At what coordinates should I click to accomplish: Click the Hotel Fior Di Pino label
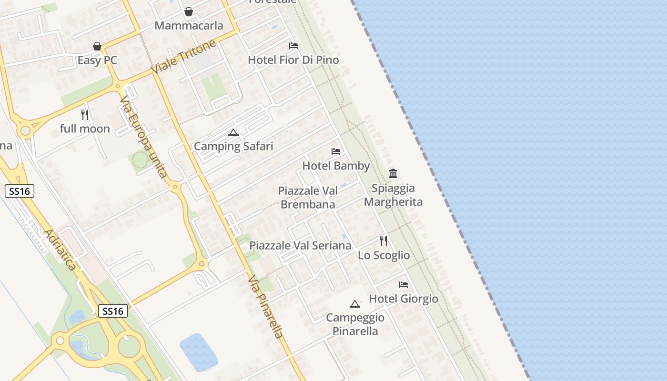pos(293,60)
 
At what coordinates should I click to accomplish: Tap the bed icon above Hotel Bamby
pos(336,151)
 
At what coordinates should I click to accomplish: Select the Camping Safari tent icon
pos(233,132)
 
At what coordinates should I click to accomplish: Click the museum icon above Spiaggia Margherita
pos(393,173)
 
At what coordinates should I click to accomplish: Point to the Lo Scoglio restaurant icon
pos(384,241)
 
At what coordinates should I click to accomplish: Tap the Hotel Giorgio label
pos(404,299)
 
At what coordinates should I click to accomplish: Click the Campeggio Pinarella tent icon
pos(354,304)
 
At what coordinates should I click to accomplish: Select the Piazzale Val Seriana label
pos(300,246)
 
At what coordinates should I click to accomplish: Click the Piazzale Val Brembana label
pos(308,198)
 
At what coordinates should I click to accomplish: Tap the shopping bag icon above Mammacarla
pos(189,11)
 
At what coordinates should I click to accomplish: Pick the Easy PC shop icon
pos(97,46)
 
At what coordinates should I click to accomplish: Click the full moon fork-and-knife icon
pos(85,115)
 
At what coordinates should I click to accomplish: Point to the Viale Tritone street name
pos(183,57)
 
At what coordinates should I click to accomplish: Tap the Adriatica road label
pos(60,250)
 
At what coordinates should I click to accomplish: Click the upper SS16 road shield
pos(20,191)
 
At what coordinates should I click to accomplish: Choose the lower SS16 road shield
pos(113,311)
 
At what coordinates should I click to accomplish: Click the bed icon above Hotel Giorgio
pos(404,285)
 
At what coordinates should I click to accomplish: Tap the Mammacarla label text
pos(189,26)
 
